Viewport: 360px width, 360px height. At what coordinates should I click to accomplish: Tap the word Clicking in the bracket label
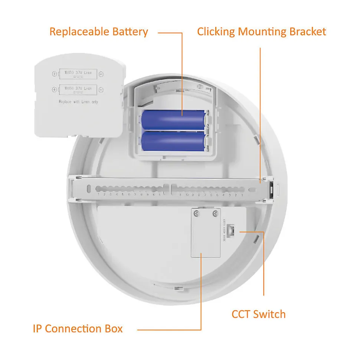coord(216,32)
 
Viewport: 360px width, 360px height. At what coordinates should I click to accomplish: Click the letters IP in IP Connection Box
coord(37,329)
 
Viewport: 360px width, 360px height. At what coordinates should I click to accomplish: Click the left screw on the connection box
coord(197,214)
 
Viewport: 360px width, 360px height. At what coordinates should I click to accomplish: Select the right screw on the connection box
coord(215,214)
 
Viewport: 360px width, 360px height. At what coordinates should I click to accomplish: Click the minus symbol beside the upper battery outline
coord(101,74)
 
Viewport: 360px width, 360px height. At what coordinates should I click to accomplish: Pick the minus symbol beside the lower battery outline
coord(101,89)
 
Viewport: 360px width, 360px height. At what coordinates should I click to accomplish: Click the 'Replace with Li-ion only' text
coord(78,102)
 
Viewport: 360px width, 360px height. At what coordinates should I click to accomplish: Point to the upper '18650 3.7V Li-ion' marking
coord(78,73)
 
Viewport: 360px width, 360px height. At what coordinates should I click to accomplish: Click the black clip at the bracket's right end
coord(272,189)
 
